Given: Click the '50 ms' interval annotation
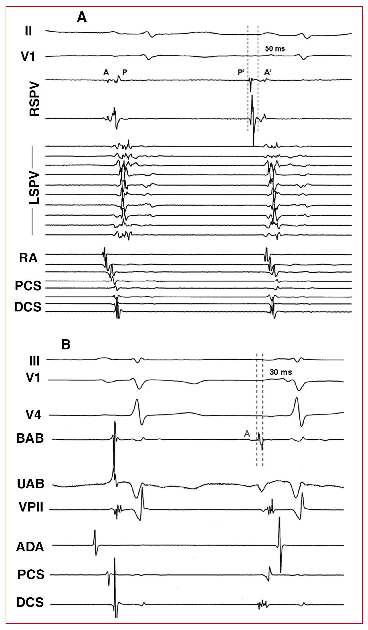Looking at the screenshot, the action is tap(275, 48).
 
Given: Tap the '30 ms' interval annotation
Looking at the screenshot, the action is tap(281, 372).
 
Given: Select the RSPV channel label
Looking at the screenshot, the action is tap(34, 99).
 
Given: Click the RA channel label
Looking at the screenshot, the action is tap(28, 258).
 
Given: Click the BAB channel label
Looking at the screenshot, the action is tap(30, 438).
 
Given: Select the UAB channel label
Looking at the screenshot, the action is tap(31, 484).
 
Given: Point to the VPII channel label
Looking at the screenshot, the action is tap(31, 507).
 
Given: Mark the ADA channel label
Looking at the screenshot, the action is tap(30, 547).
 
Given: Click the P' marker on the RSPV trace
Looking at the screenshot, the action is tap(241, 72).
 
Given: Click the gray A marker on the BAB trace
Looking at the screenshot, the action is tap(247, 434).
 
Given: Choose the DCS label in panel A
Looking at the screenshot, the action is tap(28, 307).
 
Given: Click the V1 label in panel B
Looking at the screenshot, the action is tap(33, 378).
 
